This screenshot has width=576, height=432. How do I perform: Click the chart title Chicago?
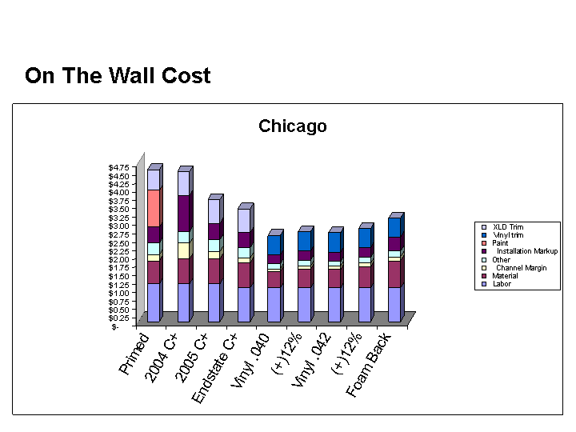coord(292,126)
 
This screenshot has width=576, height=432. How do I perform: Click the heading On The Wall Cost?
coord(118,76)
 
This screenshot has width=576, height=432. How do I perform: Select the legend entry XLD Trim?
coord(507,227)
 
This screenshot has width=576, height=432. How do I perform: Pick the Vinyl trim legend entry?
coord(507,235)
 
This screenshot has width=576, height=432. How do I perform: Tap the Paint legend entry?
coord(500,243)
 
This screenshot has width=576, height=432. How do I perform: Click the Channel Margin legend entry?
coord(521,268)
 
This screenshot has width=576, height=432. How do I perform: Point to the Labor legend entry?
coord(502,284)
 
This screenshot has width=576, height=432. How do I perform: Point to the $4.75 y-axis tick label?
coord(118,167)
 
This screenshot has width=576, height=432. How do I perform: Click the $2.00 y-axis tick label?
coord(118,259)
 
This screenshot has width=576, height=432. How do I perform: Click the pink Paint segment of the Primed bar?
coord(153,208)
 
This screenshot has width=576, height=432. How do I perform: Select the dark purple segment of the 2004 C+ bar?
coord(183,213)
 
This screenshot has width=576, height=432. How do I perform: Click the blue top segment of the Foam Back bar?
coord(394,227)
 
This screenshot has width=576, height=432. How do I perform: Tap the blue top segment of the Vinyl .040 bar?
coord(274,245)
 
